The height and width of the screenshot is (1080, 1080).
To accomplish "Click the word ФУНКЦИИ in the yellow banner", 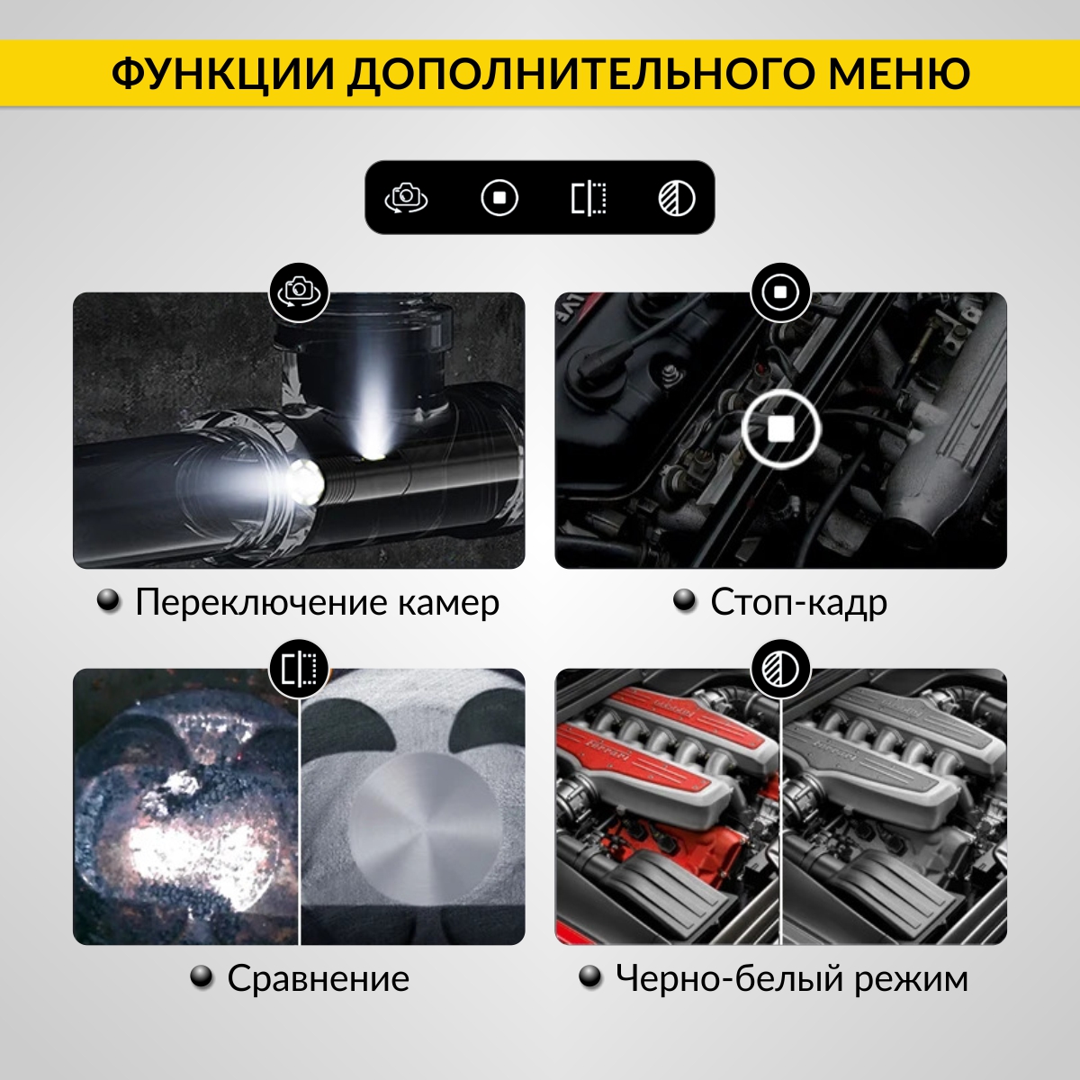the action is (x=223, y=74).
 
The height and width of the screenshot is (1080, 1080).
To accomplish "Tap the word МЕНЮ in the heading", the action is (x=899, y=74).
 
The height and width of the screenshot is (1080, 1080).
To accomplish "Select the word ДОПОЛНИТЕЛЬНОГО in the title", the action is (x=581, y=75).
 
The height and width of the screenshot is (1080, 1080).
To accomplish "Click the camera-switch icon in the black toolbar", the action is (x=406, y=198).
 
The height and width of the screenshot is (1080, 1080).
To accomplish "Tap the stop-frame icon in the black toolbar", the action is (x=499, y=198).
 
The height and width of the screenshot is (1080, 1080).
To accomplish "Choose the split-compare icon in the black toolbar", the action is (x=589, y=198).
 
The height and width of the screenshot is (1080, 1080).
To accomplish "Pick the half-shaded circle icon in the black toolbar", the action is (x=677, y=198).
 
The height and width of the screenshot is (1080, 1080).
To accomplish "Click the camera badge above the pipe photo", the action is (x=299, y=292).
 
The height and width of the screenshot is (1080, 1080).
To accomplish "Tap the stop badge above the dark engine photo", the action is (x=780, y=292).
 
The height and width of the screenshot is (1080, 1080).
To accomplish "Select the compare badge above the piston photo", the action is (x=299, y=668).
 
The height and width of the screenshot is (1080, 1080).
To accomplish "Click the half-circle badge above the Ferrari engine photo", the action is (x=780, y=668).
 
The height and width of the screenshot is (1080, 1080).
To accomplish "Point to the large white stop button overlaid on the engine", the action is (x=780, y=428).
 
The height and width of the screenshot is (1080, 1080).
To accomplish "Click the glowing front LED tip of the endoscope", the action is (x=305, y=481).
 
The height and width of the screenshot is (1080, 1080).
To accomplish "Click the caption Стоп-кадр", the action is (x=798, y=603).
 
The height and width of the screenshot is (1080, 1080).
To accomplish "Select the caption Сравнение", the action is (x=318, y=978).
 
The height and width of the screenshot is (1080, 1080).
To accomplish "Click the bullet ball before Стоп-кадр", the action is (x=684, y=600).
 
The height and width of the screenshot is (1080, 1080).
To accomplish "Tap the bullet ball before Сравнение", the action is (x=202, y=976).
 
